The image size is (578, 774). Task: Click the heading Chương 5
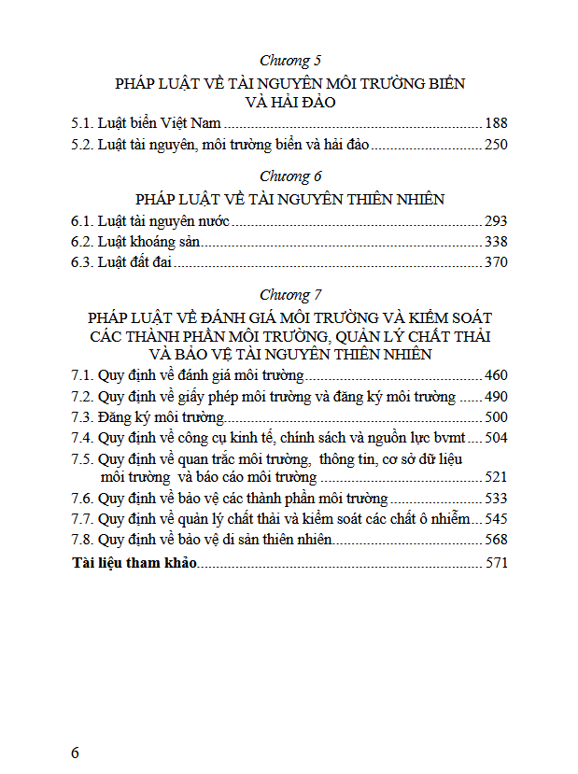click(289, 61)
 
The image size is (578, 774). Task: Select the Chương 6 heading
click(289, 176)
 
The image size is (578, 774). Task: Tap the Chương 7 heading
click(289, 295)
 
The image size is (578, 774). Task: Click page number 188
click(496, 122)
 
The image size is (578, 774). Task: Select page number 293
click(496, 221)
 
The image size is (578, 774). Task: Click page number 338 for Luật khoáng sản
click(496, 242)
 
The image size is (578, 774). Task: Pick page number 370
click(496, 262)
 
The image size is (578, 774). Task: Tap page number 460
click(496, 375)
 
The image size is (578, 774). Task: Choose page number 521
click(496, 477)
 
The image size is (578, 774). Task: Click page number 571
click(496, 563)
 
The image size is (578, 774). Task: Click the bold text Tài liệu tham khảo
click(134, 563)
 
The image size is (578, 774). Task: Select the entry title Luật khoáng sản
click(149, 242)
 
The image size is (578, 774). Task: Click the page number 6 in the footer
click(76, 753)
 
